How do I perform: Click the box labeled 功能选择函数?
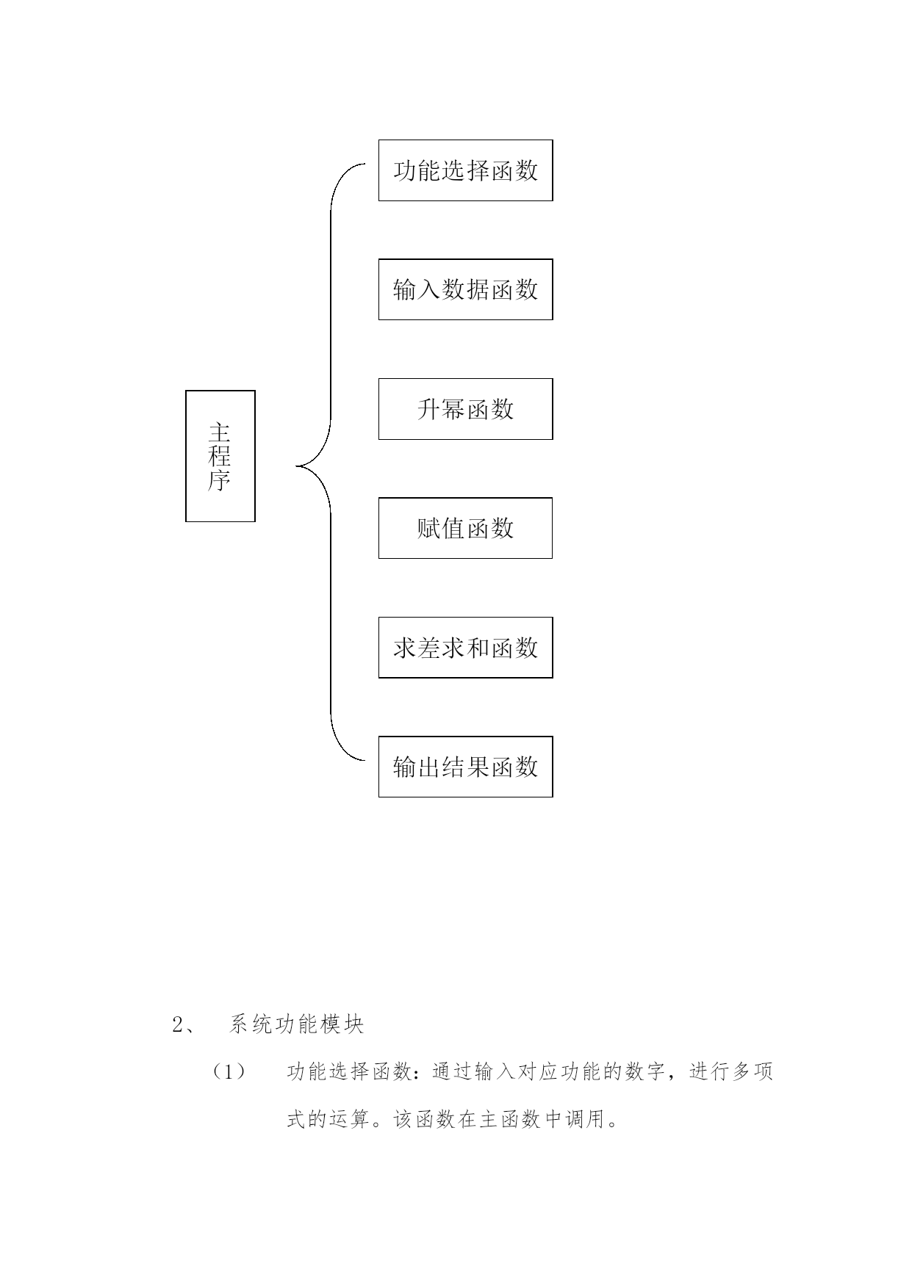click(465, 170)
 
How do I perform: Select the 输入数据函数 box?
click(465, 289)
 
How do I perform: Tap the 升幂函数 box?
click(465, 409)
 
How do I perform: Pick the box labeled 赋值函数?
click(465, 528)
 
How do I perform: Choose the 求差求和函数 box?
click(465, 648)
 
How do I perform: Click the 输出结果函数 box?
click(465, 767)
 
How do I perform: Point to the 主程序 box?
click(220, 456)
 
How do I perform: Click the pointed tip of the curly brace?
click(296, 466)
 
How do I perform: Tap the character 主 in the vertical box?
click(220, 432)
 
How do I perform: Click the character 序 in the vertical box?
click(220, 481)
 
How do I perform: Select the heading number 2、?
click(183, 1025)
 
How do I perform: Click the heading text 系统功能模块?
click(297, 1025)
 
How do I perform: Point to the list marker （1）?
click(229, 1073)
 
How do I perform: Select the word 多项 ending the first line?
click(753, 1073)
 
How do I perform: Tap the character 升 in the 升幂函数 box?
click(429, 409)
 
